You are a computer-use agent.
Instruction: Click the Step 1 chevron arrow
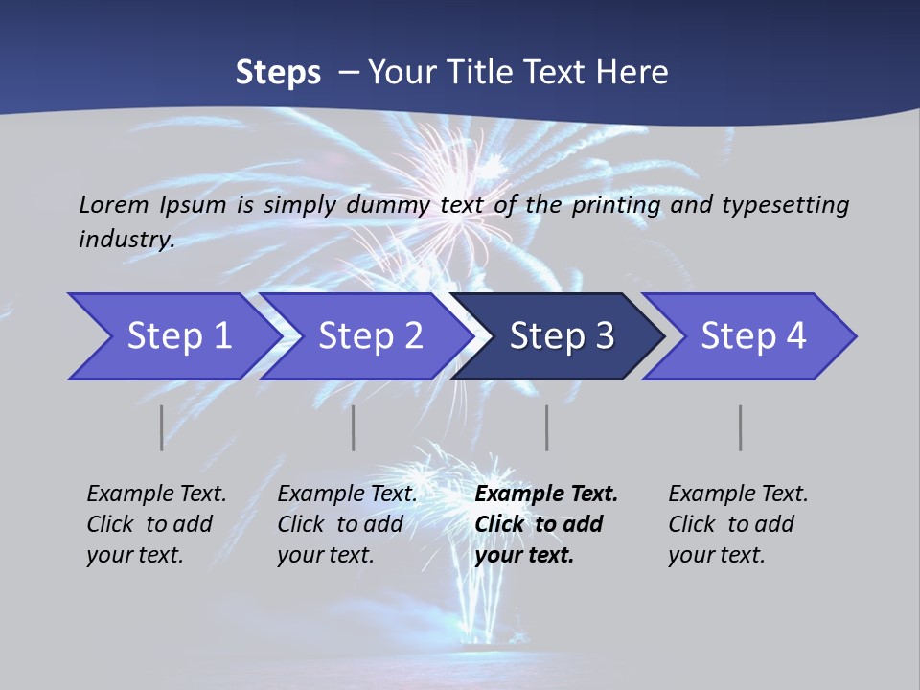(x=172, y=336)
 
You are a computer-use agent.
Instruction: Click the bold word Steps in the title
(x=278, y=73)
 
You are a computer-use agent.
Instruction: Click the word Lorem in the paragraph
(x=114, y=204)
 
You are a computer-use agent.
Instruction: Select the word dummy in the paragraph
(x=386, y=204)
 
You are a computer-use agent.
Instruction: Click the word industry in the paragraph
(x=126, y=239)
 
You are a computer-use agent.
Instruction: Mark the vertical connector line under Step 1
(x=162, y=427)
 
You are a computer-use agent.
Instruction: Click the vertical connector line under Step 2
(x=354, y=427)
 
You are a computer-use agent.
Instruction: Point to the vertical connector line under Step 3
(x=547, y=427)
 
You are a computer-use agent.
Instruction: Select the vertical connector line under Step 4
(x=741, y=427)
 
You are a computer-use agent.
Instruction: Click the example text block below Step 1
(x=156, y=524)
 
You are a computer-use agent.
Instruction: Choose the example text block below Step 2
(x=347, y=524)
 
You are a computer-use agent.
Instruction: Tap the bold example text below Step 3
(x=546, y=524)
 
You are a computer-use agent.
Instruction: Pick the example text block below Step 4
(x=738, y=524)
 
